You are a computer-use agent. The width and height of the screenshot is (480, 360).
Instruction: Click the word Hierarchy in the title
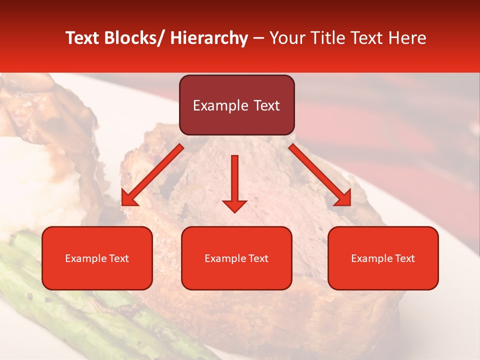[208, 38]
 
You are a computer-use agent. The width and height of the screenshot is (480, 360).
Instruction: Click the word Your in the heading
[287, 38]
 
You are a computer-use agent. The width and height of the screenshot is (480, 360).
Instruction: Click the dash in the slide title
[258, 38]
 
